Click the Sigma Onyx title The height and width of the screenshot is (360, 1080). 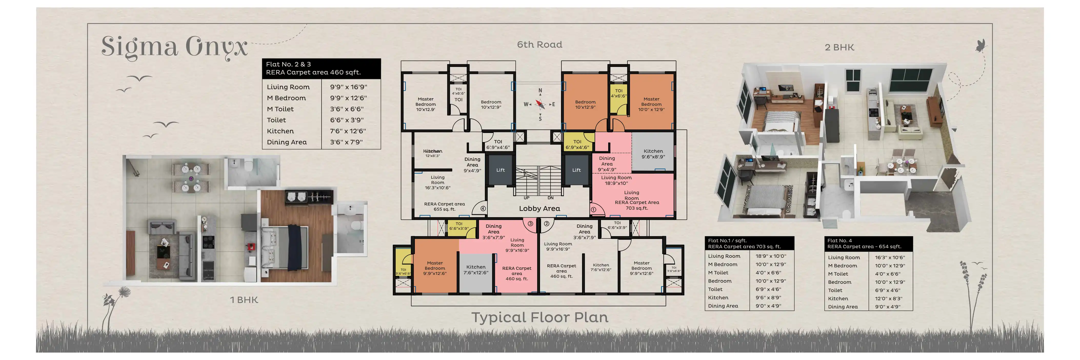174,47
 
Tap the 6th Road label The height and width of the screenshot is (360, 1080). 539,44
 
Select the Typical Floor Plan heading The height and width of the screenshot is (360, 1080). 539,317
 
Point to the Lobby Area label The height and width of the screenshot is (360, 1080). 539,208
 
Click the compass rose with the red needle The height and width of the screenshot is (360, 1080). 540,104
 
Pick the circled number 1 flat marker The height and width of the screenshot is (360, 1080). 593,209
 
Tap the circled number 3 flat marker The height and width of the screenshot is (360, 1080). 530,224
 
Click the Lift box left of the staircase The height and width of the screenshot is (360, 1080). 500,170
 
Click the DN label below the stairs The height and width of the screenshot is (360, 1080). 551,198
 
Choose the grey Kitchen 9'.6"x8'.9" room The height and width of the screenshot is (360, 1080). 653,153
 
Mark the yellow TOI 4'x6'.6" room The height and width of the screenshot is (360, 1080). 618,98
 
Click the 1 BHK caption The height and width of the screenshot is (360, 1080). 244,300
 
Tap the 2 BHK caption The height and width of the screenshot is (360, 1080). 839,47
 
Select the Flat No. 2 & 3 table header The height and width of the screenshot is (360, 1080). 321,68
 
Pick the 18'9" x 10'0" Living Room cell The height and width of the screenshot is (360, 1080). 771,256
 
